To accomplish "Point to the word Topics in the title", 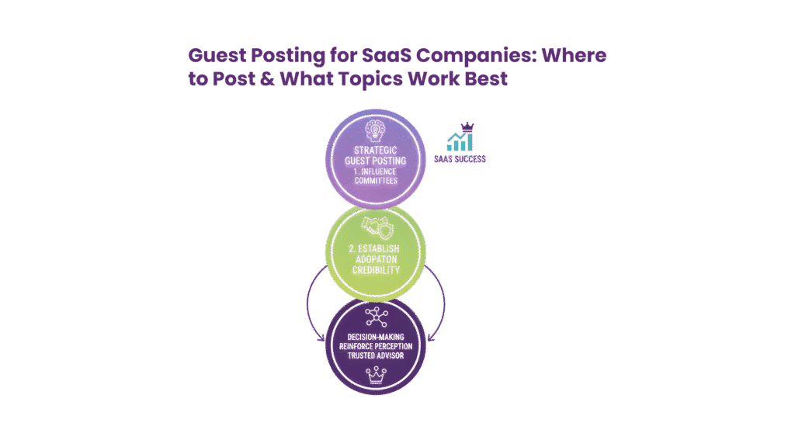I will click(379, 79).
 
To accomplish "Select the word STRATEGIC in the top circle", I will click(375, 150).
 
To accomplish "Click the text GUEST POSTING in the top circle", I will click(375, 161).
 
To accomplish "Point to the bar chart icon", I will click(460, 141).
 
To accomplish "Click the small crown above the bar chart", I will click(467, 126).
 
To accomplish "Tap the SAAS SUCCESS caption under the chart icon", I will click(460, 158).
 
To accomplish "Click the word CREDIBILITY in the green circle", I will click(376, 269).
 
